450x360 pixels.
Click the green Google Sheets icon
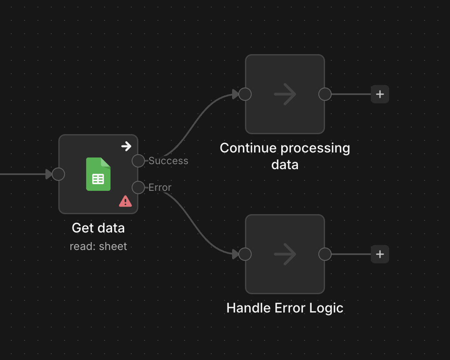click(98, 174)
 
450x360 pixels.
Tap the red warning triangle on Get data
click(125, 201)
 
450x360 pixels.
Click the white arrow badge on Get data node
click(126, 146)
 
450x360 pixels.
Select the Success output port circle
click(138, 161)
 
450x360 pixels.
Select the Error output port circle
click(138, 187)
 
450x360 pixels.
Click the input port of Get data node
click(58, 174)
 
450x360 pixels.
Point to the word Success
click(168, 161)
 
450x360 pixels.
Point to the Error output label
click(160, 187)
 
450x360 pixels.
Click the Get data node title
click(98, 228)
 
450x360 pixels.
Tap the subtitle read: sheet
click(98, 246)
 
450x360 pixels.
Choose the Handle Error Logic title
click(285, 308)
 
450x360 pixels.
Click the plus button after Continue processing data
click(380, 94)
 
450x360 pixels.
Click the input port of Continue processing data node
click(245, 94)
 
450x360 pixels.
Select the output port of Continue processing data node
click(325, 94)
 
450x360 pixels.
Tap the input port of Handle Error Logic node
click(245, 254)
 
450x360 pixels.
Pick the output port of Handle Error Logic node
click(325, 254)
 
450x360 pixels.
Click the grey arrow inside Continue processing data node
click(285, 94)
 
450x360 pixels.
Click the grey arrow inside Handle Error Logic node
click(285, 254)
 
